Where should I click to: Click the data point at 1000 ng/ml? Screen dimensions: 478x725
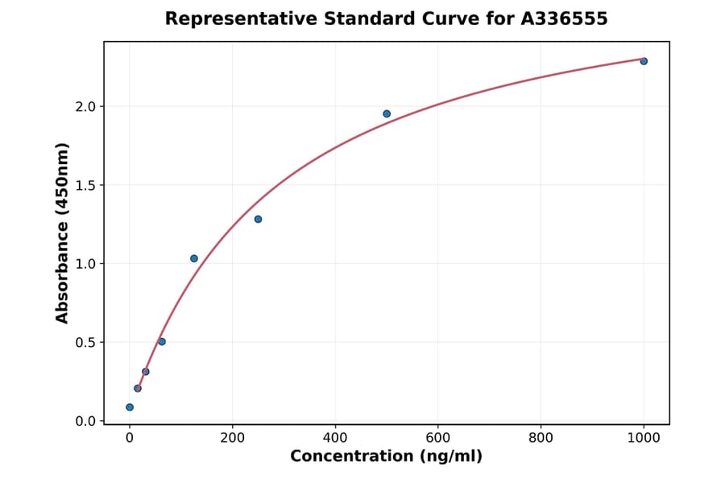point(644,61)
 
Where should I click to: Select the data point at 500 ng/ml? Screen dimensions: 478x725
point(387,113)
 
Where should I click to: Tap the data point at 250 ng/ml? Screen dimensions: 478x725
point(258,219)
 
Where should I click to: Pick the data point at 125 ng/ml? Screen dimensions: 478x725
point(194,258)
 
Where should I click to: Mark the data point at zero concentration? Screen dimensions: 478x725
point(130,407)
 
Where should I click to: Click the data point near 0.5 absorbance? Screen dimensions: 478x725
point(162,341)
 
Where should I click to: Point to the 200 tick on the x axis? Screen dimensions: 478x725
point(232,438)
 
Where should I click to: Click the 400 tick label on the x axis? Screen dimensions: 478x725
point(335,438)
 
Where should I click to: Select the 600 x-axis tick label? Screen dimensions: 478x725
point(438,438)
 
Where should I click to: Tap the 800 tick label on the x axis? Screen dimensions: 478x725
point(541,438)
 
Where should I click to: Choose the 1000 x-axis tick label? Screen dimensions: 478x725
point(644,438)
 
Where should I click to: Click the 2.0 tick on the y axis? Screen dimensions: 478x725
point(86,107)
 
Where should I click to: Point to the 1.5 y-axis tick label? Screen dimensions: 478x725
point(86,186)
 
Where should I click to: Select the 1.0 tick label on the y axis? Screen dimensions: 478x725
point(86,264)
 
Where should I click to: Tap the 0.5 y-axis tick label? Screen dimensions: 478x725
point(86,343)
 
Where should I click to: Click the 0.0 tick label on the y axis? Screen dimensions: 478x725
point(86,421)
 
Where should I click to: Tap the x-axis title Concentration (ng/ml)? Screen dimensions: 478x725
point(386,457)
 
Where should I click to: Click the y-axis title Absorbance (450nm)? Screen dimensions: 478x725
point(63,233)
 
